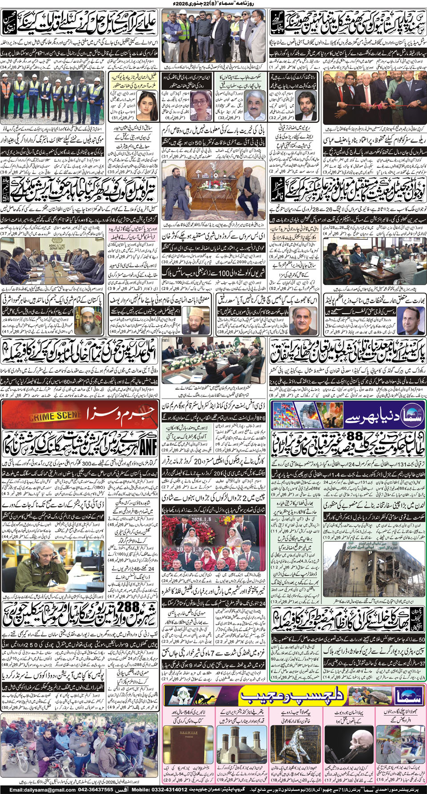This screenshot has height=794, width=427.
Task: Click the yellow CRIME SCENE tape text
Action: pos(56,416)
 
